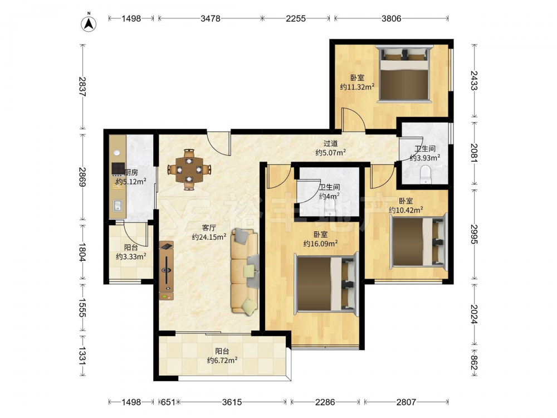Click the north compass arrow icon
click(x=90, y=23)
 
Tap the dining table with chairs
click(x=189, y=170)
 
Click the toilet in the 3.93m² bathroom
click(x=425, y=175)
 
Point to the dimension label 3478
click(x=211, y=18)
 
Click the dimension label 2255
click(x=296, y=18)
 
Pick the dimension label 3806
click(x=391, y=18)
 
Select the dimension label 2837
click(x=83, y=87)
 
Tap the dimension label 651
click(x=168, y=402)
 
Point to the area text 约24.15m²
click(x=209, y=237)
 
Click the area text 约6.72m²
click(x=222, y=360)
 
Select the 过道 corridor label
click(x=330, y=144)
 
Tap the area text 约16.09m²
click(x=320, y=244)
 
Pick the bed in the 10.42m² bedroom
click(x=419, y=242)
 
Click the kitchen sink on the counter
click(x=118, y=206)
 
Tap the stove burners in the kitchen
click(x=118, y=168)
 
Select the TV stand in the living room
click(x=167, y=271)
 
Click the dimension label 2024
click(x=475, y=314)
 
